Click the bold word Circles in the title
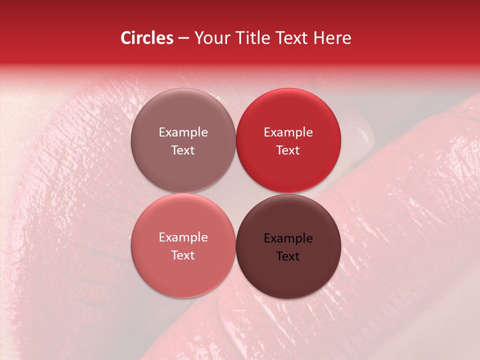(x=147, y=38)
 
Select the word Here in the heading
(x=332, y=38)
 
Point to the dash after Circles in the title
(x=183, y=38)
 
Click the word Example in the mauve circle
(x=183, y=132)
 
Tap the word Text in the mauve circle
(x=183, y=150)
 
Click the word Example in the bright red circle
(x=288, y=132)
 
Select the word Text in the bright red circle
(x=288, y=150)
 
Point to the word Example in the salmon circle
(x=183, y=237)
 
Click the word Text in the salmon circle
(x=183, y=255)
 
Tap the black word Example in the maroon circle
(x=288, y=238)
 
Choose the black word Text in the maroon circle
(x=288, y=256)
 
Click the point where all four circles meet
(x=235, y=193)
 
